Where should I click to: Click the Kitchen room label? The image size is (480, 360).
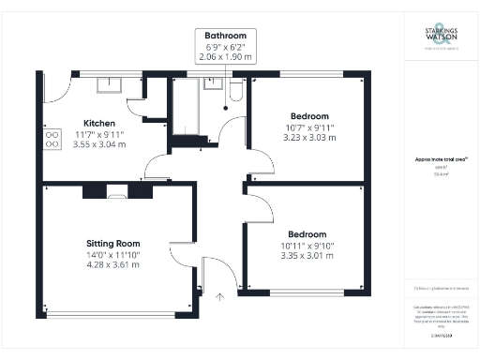pyautogui.click(x=99, y=124)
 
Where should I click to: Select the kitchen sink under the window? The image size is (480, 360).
pyautogui.click(x=115, y=85)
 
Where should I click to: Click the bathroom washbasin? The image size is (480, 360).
pyautogui.click(x=212, y=85)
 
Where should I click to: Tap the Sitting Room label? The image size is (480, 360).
pyautogui.click(x=107, y=242)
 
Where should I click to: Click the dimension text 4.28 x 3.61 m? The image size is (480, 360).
pyautogui.click(x=107, y=264)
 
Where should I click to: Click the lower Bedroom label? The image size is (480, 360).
pyautogui.click(x=307, y=233)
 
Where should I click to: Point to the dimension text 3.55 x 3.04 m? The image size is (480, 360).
pyautogui.click(x=99, y=146)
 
